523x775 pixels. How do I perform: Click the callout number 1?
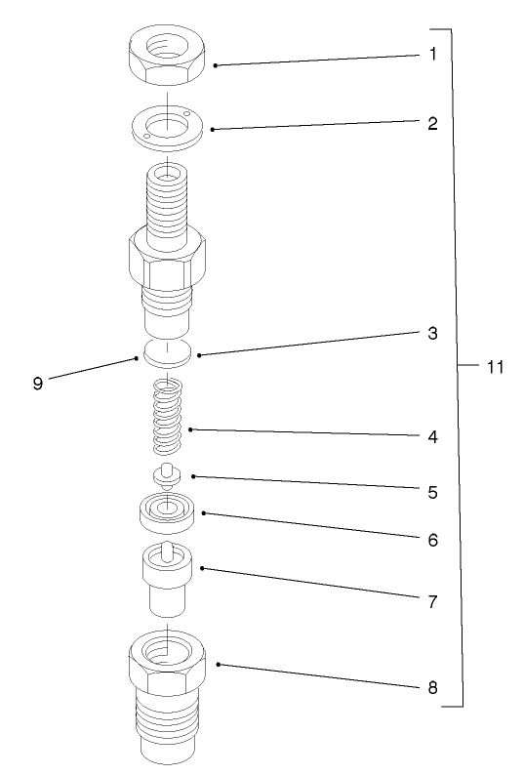(432, 54)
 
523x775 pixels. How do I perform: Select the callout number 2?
(432, 124)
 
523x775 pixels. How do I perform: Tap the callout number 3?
(432, 333)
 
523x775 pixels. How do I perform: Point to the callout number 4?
(432, 437)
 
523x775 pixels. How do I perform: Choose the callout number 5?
(432, 492)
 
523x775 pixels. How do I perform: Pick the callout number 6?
(432, 538)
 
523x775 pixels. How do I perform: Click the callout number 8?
(432, 687)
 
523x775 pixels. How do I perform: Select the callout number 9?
(37, 384)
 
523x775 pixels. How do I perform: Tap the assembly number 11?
(495, 367)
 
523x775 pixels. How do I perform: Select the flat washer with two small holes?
(168, 126)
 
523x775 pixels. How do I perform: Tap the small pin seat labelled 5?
(168, 474)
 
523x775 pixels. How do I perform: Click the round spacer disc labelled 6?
(169, 512)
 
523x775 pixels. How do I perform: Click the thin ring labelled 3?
(168, 352)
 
